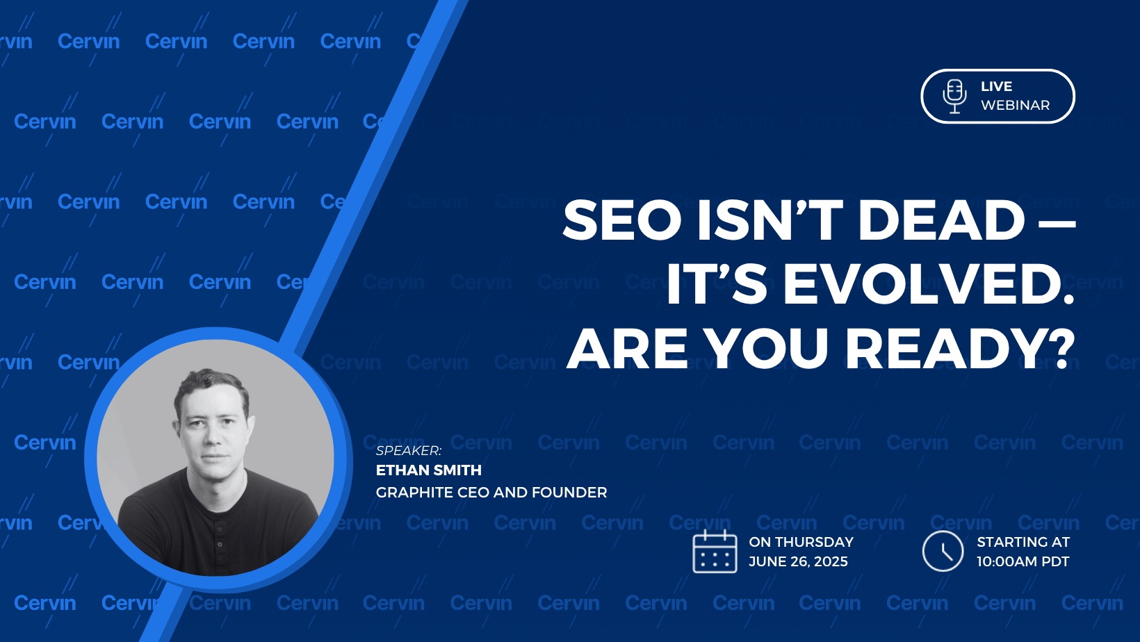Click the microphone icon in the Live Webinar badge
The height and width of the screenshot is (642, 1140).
click(954, 96)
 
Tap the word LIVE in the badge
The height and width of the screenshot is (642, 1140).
click(997, 86)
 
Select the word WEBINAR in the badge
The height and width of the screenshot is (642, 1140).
click(1016, 106)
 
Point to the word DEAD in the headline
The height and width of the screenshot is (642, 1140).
click(941, 220)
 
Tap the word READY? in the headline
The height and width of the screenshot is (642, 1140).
click(959, 349)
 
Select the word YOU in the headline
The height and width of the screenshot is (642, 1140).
click(769, 349)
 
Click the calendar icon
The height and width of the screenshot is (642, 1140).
click(715, 552)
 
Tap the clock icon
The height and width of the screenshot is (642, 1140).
click(943, 552)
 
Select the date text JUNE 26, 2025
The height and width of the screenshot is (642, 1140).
click(798, 561)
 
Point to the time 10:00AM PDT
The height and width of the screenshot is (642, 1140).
click(1023, 561)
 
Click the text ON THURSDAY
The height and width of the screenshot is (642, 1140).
click(801, 542)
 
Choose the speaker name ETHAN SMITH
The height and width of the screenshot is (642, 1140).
click(428, 470)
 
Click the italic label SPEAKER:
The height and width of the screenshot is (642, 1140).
click(409, 451)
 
